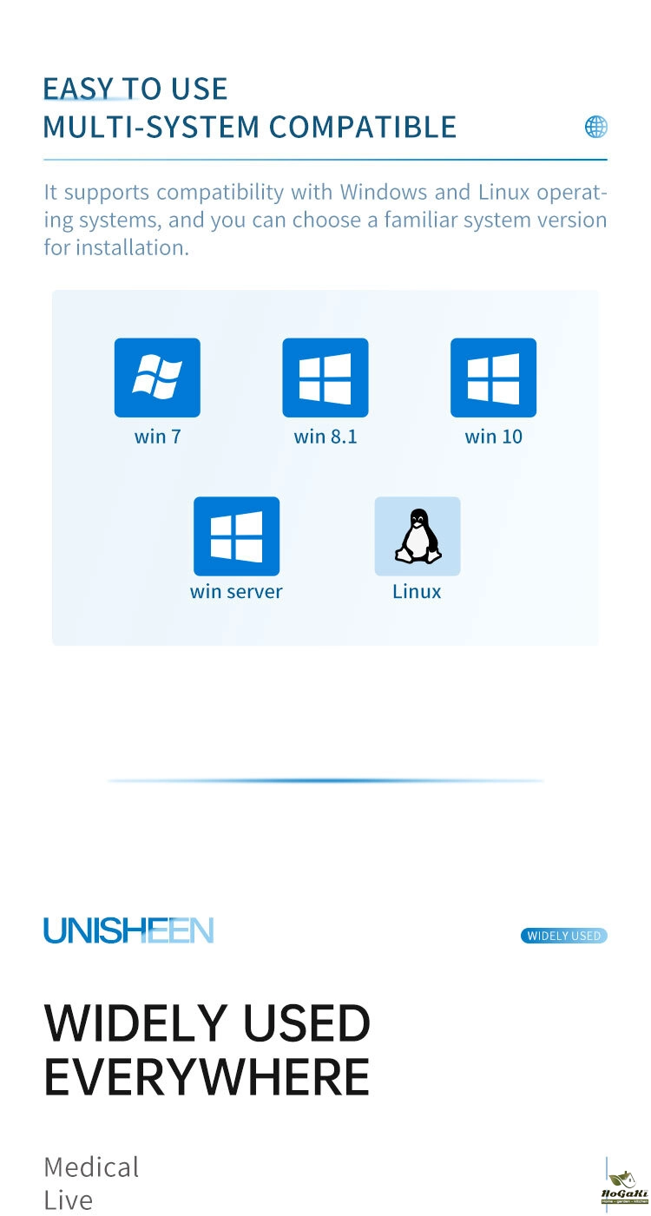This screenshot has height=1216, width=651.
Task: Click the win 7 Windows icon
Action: (157, 378)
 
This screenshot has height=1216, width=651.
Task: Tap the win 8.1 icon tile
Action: (325, 378)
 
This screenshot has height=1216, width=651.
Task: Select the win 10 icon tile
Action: (493, 378)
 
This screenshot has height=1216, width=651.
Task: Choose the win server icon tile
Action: (236, 536)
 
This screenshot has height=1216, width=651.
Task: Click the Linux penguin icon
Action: (418, 536)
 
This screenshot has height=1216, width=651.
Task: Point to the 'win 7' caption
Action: (157, 437)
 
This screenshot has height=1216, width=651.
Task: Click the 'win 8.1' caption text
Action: (325, 437)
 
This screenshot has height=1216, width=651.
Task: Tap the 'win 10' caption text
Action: (493, 437)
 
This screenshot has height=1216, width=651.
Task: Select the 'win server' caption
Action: (236, 592)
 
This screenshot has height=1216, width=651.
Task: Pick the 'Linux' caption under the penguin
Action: (417, 592)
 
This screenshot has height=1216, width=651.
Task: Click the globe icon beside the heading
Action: (596, 128)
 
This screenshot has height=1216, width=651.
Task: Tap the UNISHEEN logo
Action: (128, 930)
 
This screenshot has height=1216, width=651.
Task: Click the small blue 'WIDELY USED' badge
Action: (564, 936)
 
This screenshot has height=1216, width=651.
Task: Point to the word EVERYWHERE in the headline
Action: (207, 1076)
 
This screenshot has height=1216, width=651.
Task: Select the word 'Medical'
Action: (91, 1167)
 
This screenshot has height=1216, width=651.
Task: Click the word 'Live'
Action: (68, 1201)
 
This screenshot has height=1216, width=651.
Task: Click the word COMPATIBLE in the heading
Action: (362, 128)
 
